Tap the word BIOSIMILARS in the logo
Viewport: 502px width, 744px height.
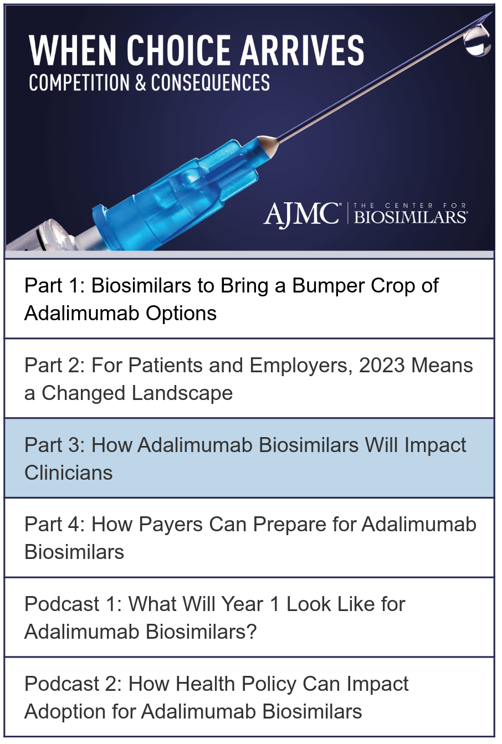point(411,217)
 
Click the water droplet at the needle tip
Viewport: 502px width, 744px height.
point(478,40)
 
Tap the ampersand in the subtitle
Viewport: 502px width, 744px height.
point(140,83)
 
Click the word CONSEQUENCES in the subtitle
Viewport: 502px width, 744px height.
point(211,83)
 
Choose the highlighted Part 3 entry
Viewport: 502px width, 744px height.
point(249,458)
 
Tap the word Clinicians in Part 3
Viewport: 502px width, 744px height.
point(69,473)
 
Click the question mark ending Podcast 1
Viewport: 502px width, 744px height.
point(252,632)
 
